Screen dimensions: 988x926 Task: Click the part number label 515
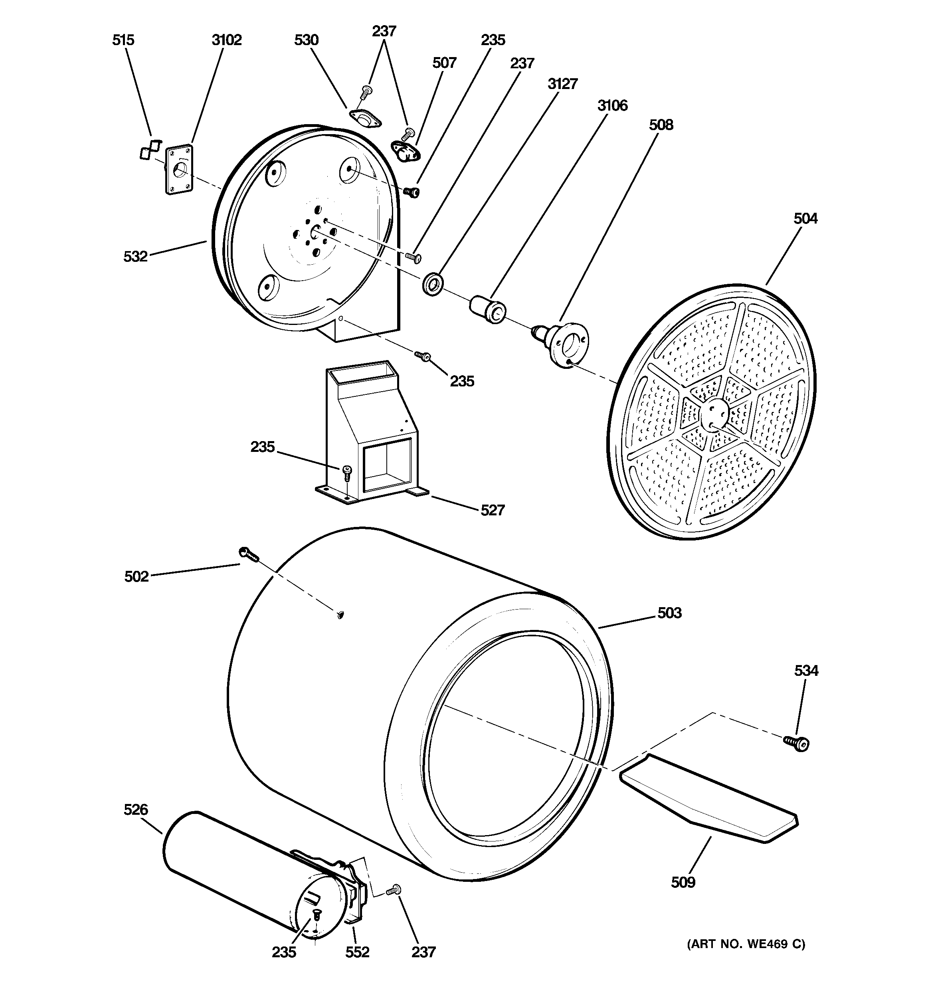pyautogui.click(x=123, y=40)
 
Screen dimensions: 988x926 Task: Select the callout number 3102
pyautogui.click(x=227, y=40)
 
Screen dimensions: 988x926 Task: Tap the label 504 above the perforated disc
pyautogui.click(x=805, y=218)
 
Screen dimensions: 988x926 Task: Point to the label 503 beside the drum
pyautogui.click(x=669, y=613)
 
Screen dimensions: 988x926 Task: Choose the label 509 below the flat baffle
pyautogui.click(x=683, y=882)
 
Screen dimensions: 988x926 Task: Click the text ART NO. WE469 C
pyautogui.click(x=746, y=943)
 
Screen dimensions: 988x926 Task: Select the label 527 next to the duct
pyautogui.click(x=492, y=510)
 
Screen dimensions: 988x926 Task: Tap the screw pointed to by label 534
pyautogui.click(x=797, y=743)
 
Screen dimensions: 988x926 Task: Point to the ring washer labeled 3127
pyautogui.click(x=432, y=284)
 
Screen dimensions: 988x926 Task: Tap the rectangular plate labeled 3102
pyautogui.click(x=178, y=169)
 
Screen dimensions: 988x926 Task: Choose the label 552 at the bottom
pyautogui.click(x=357, y=951)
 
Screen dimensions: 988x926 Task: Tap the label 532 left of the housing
pyautogui.click(x=135, y=256)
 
